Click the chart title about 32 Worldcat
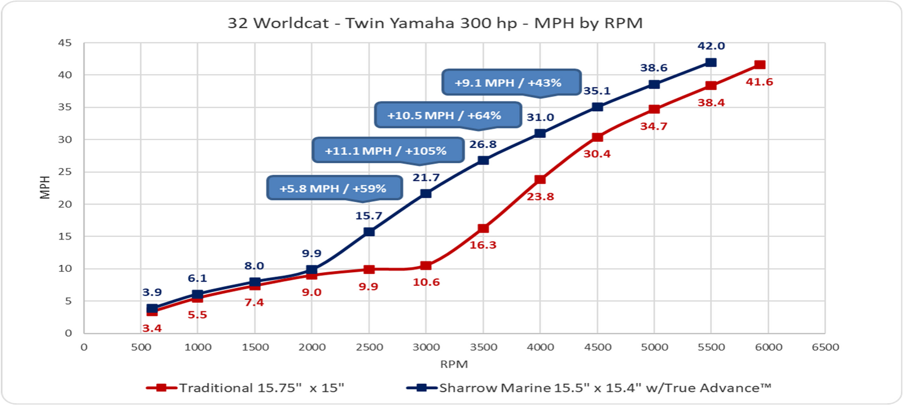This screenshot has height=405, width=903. [435, 23]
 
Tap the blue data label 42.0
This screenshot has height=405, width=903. [711, 46]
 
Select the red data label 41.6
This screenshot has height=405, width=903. [759, 82]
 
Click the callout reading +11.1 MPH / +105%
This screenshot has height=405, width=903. [386, 151]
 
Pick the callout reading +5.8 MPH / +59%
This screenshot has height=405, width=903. [333, 189]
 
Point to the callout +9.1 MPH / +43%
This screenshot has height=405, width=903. [508, 83]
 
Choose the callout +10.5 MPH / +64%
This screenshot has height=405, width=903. [444, 116]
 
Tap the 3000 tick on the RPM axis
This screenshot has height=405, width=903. [426, 347]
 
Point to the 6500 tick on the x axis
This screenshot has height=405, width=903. [825, 347]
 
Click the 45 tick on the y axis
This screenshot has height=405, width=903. [65, 43]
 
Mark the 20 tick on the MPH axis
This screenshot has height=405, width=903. [65, 204]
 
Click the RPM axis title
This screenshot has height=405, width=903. [454, 364]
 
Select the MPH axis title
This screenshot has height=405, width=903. [45, 188]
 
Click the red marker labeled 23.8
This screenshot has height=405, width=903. [540, 180]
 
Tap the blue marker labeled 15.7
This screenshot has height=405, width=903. [369, 232]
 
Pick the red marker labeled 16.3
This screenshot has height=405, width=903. [483, 228]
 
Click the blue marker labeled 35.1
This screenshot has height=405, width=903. [597, 107]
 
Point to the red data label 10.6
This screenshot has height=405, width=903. [426, 282]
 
